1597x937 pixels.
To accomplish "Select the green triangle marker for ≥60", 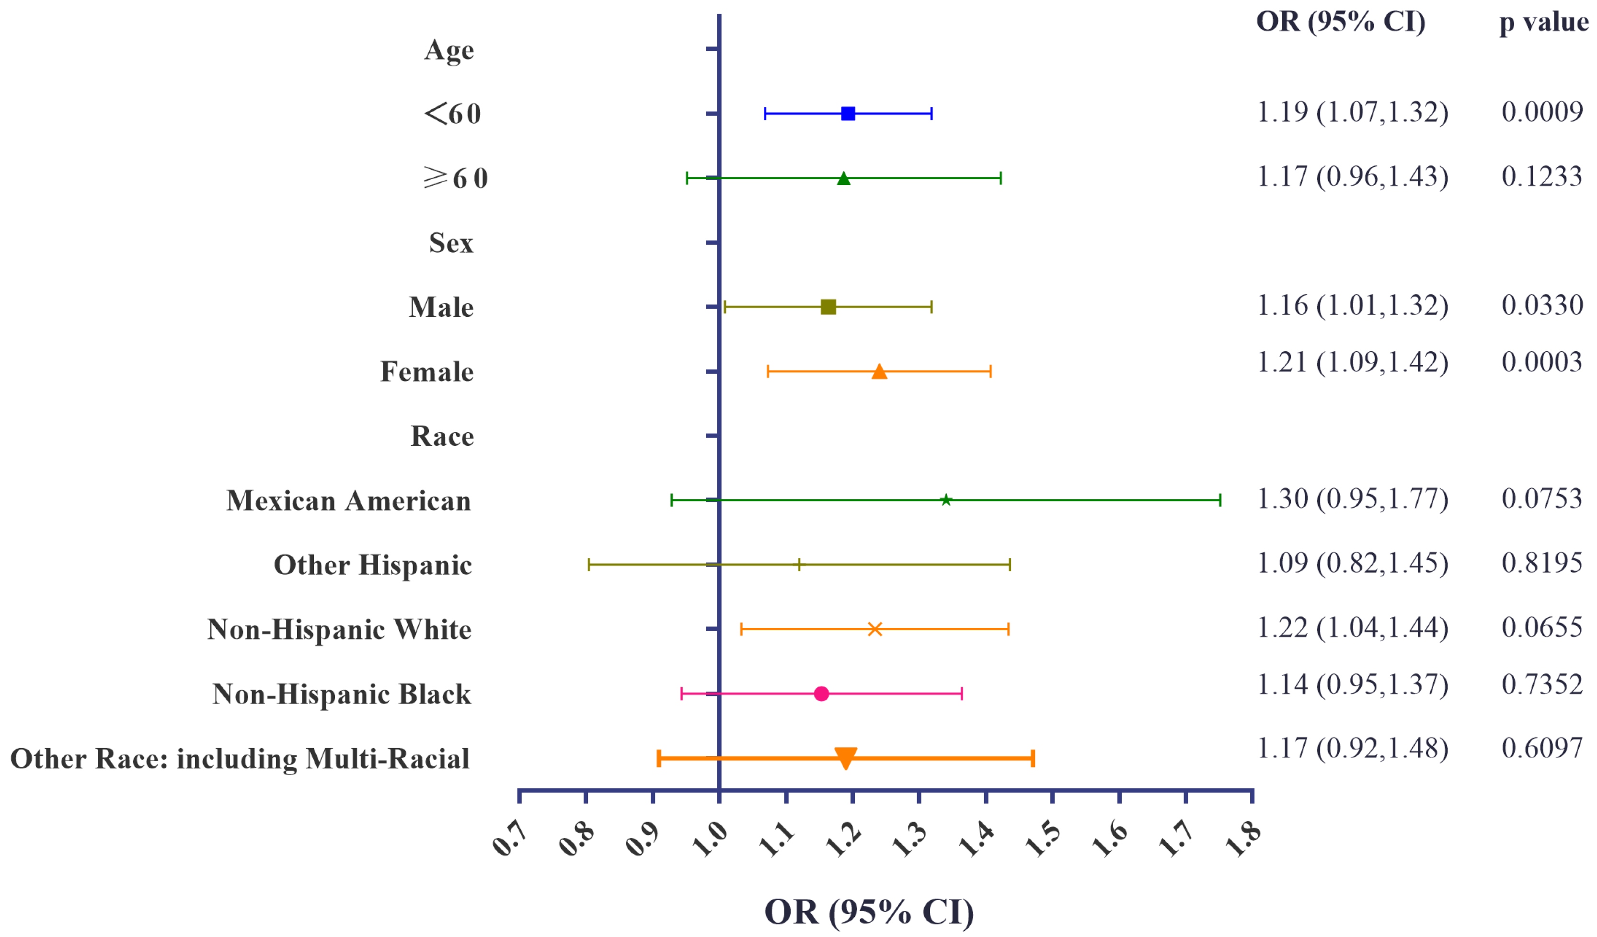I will pos(843,179).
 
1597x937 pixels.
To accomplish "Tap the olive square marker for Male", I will pos(827,307).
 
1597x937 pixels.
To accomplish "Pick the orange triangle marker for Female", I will pos(879,371).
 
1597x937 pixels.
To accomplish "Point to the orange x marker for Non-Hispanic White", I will pos(874,629).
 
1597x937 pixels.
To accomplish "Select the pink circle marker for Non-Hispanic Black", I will pos(821,694).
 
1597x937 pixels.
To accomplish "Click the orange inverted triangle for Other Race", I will pos(845,758).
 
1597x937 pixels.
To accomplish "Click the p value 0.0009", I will pos(1542,112).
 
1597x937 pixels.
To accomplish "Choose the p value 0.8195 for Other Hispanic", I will pos(1542,563).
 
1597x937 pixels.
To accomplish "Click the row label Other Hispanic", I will pos(373,565).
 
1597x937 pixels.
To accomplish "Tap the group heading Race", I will pos(442,436).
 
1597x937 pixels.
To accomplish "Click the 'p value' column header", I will pos(1544,22).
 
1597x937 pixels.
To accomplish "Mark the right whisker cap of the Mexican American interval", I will pos(1220,500).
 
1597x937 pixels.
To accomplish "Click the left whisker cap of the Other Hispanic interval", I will pos(589,564).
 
